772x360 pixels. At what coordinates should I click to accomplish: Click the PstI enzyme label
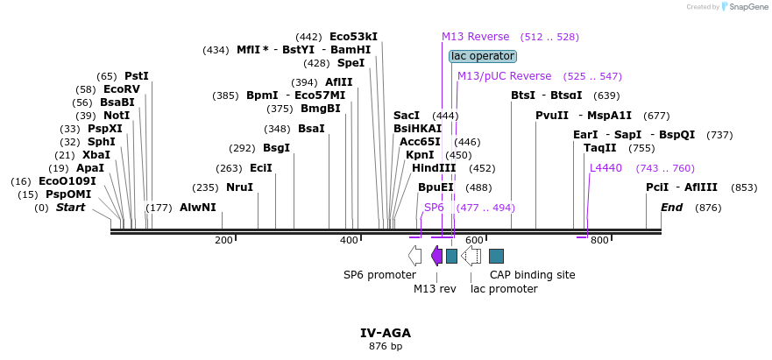(x=137, y=76)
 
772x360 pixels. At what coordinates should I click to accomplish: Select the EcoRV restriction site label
(x=121, y=89)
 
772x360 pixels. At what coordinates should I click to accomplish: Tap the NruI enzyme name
(x=239, y=187)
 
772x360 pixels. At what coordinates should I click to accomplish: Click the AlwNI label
(x=197, y=208)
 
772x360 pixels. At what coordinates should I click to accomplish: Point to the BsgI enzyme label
(x=276, y=148)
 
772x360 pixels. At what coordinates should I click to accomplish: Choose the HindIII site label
(x=434, y=168)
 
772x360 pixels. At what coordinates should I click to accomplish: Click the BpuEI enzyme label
(x=436, y=187)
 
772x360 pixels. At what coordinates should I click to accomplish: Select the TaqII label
(x=600, y=148)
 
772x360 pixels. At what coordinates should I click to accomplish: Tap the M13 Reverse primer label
(x=475, y=37)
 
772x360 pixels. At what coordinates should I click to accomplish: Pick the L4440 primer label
(x=606, y=168)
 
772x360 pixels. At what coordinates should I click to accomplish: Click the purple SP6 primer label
(x=434, y=208)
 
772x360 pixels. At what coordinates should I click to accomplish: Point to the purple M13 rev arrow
(x=436, y=256)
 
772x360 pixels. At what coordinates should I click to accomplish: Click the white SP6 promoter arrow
(x=414, y=256)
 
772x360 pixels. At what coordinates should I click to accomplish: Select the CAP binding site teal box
(x=496, y=256)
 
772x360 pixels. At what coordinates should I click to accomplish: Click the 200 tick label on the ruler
(x=223, y=240)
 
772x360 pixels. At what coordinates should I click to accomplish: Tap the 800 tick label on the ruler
(x=598, y=240)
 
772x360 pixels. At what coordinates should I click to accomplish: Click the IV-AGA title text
(x=386, y=333)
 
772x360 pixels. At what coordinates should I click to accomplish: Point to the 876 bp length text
(x=386, y=347)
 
